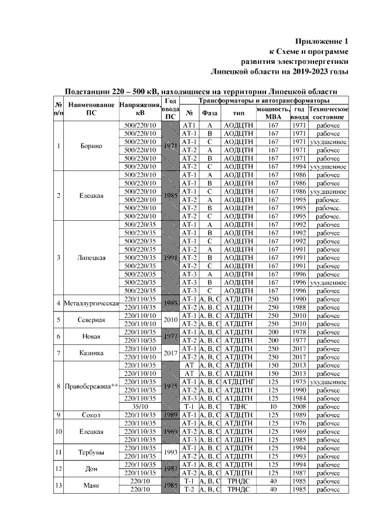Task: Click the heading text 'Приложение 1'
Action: [321, 41]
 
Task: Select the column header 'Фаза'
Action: [209, 113]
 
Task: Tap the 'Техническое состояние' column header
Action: [328, 113]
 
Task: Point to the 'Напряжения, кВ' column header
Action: [140, 109]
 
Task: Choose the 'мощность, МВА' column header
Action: [272, 113]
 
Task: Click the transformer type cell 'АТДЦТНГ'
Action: [238, 382]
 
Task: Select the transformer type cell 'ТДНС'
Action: [238, 406]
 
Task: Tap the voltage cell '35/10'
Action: [140, 406]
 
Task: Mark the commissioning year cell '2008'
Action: [299, 406]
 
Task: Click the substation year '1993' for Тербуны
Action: [169, 452]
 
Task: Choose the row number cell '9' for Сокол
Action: [59, 415]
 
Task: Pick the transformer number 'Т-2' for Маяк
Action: [189, 489]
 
